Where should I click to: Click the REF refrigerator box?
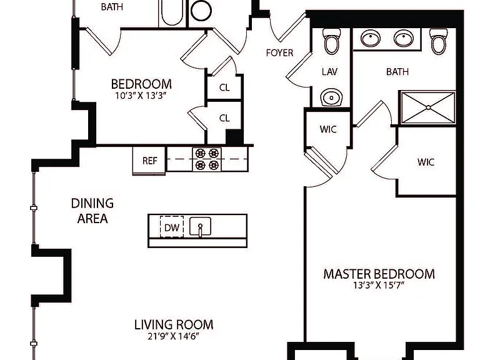point(149,161)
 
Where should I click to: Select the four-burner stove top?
point(207,159)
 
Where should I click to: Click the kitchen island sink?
point(200,226)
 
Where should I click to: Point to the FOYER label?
point(279,53)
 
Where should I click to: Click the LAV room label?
point(330,72)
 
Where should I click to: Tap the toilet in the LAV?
point(332,41)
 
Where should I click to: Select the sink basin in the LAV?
point(331,97)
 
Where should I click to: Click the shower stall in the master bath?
point(428,107)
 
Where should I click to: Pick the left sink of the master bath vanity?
point(371,38)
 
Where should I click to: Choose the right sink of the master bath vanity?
point(404,38)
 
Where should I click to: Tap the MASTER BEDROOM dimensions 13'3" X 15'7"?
point(379,285)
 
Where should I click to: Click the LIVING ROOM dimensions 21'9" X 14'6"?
point(174,336)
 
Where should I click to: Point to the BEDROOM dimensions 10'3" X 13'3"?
point(141,96)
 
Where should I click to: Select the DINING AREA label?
point(92,211)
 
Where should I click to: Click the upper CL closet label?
point(224,87)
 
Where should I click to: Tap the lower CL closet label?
point(224,118)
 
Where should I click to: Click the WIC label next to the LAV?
point(328,129)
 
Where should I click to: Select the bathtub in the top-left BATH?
point(172,13)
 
